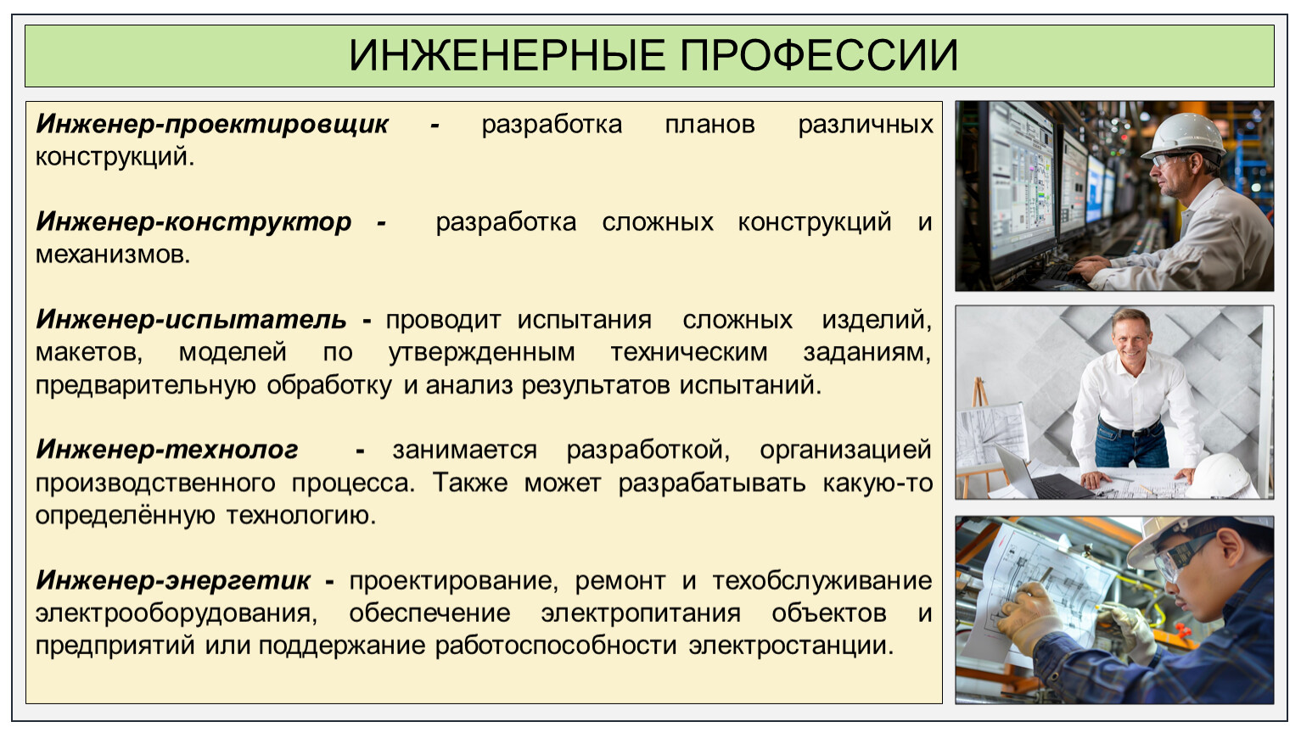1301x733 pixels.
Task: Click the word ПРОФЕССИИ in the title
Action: coord(819,56)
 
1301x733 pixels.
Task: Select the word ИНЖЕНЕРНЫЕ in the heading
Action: coord(507,56)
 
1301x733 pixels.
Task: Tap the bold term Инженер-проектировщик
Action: coord(212,125)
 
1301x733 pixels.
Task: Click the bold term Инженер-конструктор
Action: coord(193,222)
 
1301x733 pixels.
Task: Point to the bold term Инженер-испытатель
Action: coord(191,320)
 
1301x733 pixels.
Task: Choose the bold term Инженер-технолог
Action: coord(166,450)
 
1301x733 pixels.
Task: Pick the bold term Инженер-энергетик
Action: coord(173,580)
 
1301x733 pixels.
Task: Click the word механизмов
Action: coord(113,255)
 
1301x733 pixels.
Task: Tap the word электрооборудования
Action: coord(176,613)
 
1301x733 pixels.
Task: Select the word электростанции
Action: coord(791,646)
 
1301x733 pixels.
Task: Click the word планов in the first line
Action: coord(709,125)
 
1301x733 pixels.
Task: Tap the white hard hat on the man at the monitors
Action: coord(1185,136)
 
